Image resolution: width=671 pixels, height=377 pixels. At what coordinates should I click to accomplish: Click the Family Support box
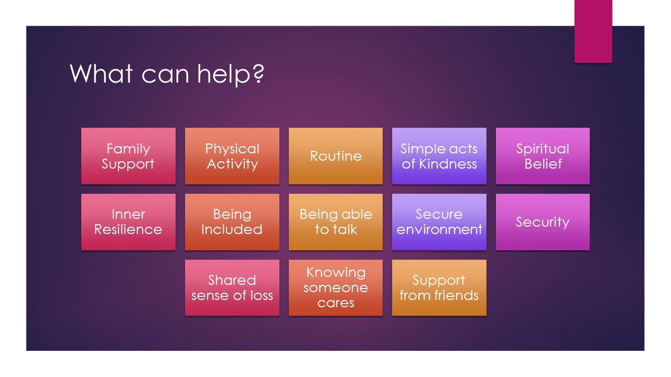click(128, 156)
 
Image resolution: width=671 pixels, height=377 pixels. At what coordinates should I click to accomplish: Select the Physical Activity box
click(232, 156)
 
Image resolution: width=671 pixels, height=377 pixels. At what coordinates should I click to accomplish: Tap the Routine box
click(335, 156)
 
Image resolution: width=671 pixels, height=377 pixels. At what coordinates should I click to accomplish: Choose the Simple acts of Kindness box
click(439, 156)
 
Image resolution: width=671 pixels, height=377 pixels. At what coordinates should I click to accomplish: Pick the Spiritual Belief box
click(543, 156)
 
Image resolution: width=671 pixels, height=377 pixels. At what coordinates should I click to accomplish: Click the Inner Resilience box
click(128, 222)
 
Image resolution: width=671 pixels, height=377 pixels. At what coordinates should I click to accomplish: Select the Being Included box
click(232, 222)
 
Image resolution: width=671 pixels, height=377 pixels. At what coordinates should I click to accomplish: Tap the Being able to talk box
click(335, 222)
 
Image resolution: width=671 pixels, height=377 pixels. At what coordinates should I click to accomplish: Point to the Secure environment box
click(439, 222)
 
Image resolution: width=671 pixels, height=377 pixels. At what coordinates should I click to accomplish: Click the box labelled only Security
click(543, 222)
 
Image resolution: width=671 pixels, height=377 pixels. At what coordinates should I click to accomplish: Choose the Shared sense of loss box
click(232, 288)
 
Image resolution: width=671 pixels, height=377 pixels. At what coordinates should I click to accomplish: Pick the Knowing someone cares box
click(335, 288)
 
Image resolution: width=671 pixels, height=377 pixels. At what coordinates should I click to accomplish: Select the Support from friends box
click(439, 288)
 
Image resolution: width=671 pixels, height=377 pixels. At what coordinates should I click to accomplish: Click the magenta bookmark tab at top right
click(593, 31)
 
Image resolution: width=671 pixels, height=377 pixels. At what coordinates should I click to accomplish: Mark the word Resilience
click(128, 230)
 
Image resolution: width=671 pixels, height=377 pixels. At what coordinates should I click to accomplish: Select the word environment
click(439, 230)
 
